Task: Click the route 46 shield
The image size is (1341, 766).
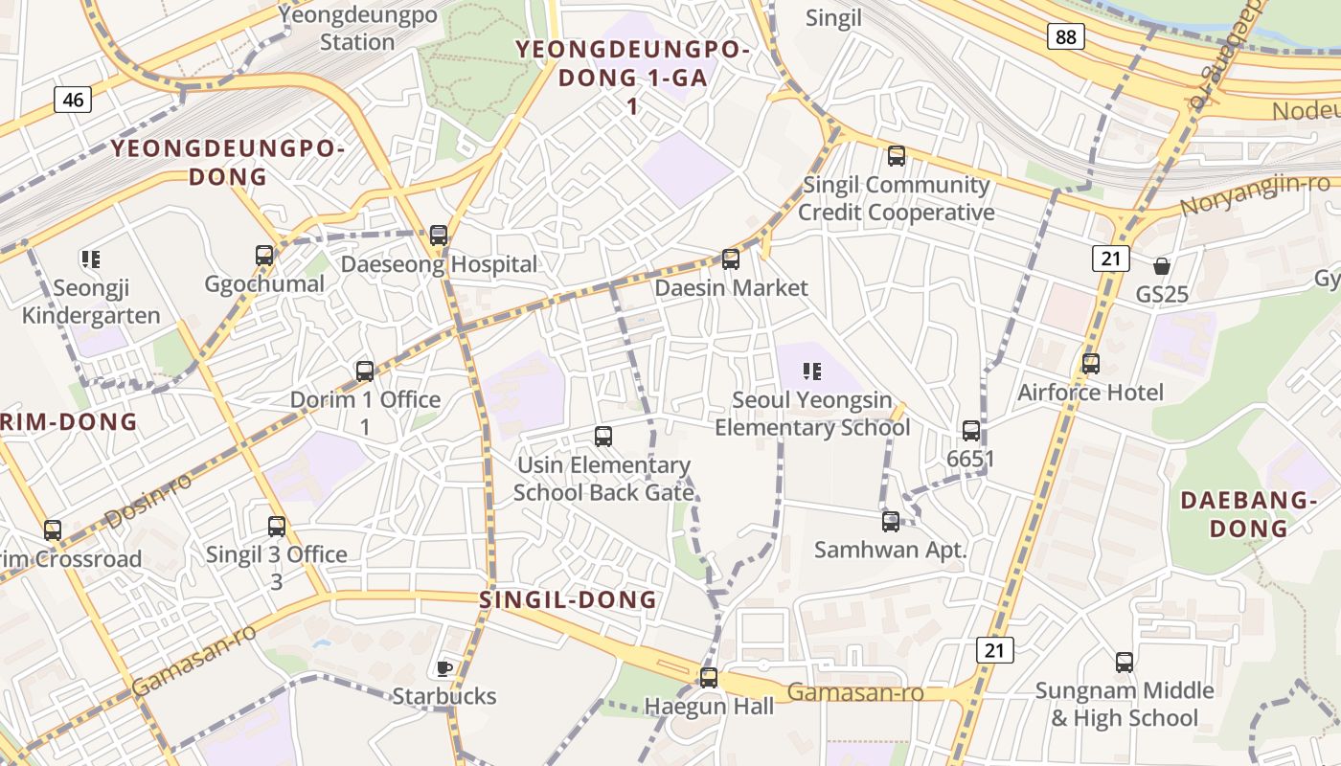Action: tap(73, 99)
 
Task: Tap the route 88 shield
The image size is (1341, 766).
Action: tap(1066, 36)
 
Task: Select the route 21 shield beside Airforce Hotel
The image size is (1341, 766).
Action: tap(1111, 258)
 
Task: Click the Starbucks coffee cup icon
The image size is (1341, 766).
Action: tap(443, 667)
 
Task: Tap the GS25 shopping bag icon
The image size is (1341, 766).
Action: tap(1162, 265)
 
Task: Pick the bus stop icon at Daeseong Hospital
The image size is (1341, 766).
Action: tap(439, 235)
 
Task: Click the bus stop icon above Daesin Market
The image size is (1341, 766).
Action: tap(731, 259)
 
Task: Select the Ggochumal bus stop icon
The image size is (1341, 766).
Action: tap(264, 255)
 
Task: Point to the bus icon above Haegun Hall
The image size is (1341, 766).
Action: tap(709, 677)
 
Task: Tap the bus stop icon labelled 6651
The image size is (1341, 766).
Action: tap(971, 431)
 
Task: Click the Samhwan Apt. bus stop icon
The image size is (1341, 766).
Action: tap(891, 521)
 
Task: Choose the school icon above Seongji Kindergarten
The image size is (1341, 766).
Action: tap(91, 259)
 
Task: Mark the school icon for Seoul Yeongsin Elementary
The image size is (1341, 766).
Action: tap(812, 371)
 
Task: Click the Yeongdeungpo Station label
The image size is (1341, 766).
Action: tap(357, 29)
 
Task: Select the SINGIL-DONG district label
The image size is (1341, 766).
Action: tap(568, 600)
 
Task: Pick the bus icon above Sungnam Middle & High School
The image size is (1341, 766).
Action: tap(1125, 662)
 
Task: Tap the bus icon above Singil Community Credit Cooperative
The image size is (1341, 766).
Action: tap(897, 155)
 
